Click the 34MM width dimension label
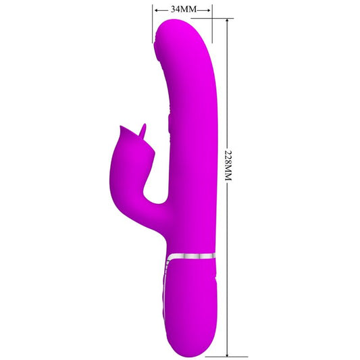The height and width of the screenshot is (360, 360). tap(182, 10)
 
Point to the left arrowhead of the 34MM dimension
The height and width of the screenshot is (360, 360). tap(156, 10)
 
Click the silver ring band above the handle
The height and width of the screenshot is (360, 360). tap(192, 255)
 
